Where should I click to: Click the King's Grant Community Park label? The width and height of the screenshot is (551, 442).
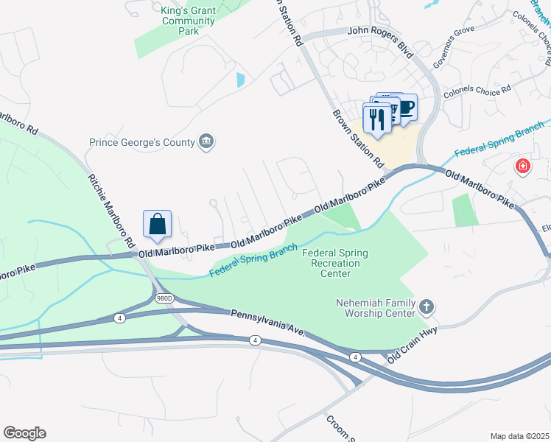189,21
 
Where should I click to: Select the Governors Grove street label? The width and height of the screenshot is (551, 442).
452,58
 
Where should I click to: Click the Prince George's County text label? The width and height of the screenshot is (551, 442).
141,142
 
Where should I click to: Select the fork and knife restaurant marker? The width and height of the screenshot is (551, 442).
377,118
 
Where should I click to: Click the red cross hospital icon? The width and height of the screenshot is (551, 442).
523,166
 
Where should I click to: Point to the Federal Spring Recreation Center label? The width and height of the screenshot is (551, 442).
335,264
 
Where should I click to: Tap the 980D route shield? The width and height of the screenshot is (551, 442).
164,298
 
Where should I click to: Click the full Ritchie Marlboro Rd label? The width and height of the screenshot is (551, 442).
112,210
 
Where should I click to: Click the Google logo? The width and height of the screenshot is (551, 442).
24,432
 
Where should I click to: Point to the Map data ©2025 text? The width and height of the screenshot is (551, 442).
519,436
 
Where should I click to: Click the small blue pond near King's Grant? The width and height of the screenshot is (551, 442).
241,79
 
